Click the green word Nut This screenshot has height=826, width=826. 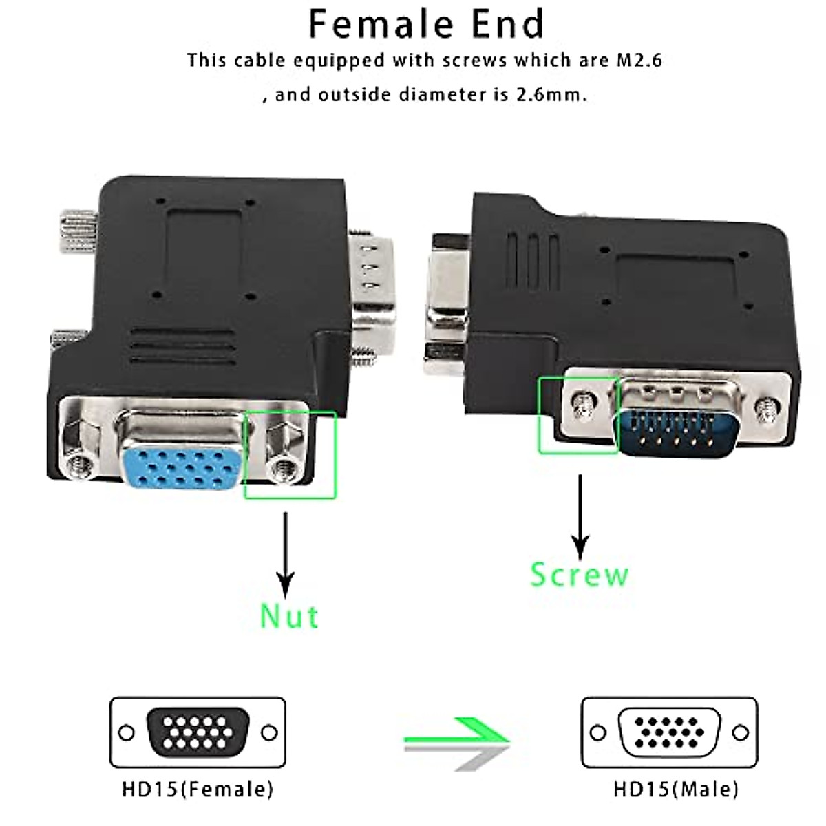click(x=289, y=615)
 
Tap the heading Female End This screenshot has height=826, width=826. click(x=426, y=24)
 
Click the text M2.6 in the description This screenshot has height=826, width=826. click(x=637, y=61)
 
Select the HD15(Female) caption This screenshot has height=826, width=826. click(x=198, y=789)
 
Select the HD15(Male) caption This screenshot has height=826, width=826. click(x=676, y=789)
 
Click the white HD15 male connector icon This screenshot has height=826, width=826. click(x=669, y=732)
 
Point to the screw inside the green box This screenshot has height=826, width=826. click(x=582, y=406)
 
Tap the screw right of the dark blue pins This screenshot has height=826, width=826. click(x=764, y=410)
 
